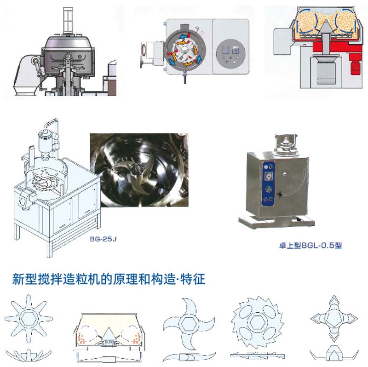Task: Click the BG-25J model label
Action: [103, 239]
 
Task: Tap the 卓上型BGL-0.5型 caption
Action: [310, 246]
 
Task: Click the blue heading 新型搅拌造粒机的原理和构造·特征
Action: [109, 279]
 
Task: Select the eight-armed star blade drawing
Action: [29, 319]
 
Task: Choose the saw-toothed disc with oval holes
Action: [258, 323]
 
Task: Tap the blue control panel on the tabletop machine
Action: [269, 184]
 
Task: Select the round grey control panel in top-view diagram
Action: [230, 54]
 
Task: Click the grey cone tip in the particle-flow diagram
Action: [326, 26]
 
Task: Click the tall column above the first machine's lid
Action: [68, 21]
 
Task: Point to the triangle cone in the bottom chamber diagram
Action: [109, 333]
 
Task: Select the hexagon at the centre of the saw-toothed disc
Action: [257, 323]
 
